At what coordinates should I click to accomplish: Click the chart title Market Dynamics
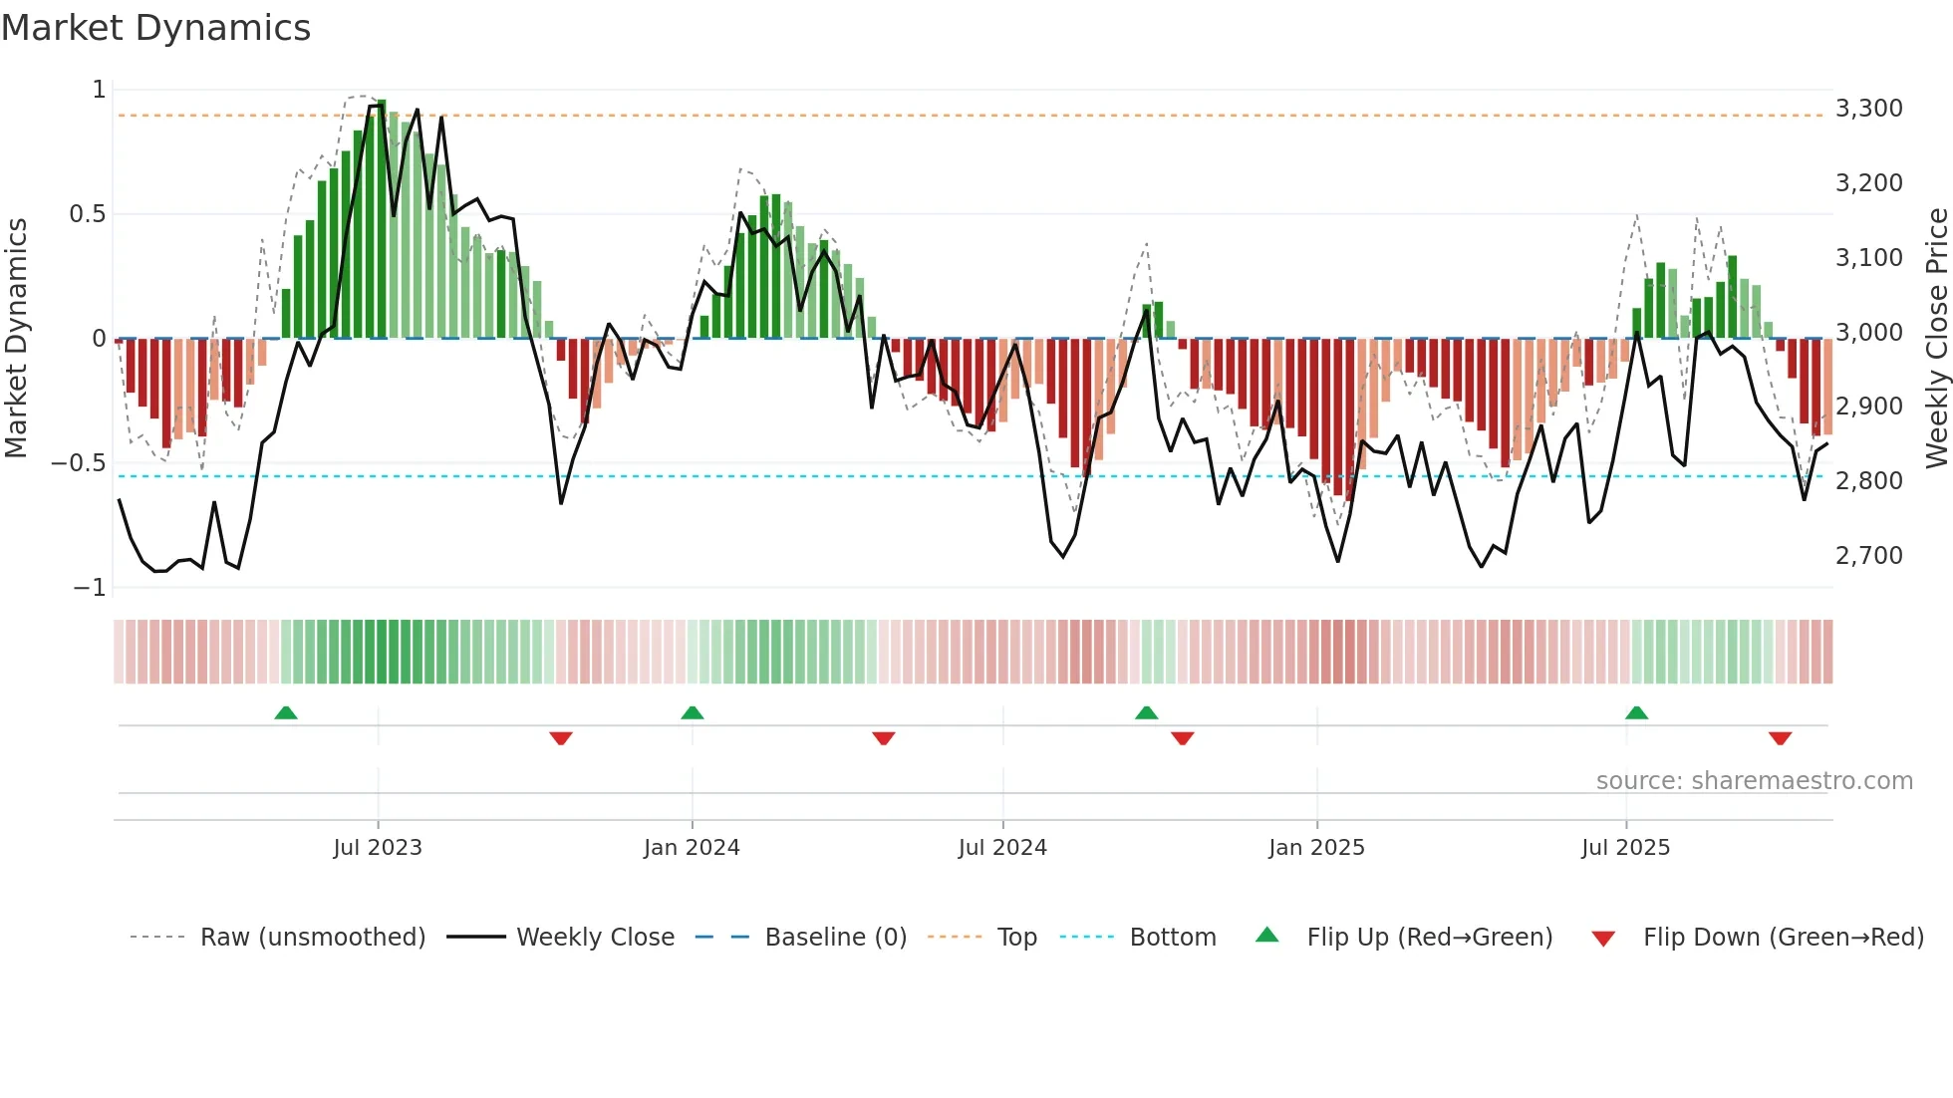(x=155, y=28)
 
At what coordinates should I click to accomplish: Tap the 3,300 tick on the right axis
(x=1868, y=109)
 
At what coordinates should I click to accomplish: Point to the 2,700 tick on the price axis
(x=1868, y=556)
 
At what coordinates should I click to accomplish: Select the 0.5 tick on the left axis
(x=87, y=214)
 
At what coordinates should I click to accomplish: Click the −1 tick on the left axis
(x=89, y=588)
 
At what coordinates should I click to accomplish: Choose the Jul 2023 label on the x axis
(x=378, y=848)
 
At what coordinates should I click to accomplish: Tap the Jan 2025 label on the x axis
(x=1316, y=848)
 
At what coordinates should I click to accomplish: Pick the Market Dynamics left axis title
(x=16, y=339)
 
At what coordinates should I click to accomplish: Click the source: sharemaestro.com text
(x=1754, y=781)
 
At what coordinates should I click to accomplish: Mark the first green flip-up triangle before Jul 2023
(x=286, y=712)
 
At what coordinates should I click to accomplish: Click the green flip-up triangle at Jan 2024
(x=693, y=712)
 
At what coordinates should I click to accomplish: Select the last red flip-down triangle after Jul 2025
(x=1781, y=738)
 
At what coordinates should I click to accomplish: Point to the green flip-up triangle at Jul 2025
(x=1636, y=712)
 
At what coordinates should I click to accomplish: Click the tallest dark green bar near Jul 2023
(x=382, y=219)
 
